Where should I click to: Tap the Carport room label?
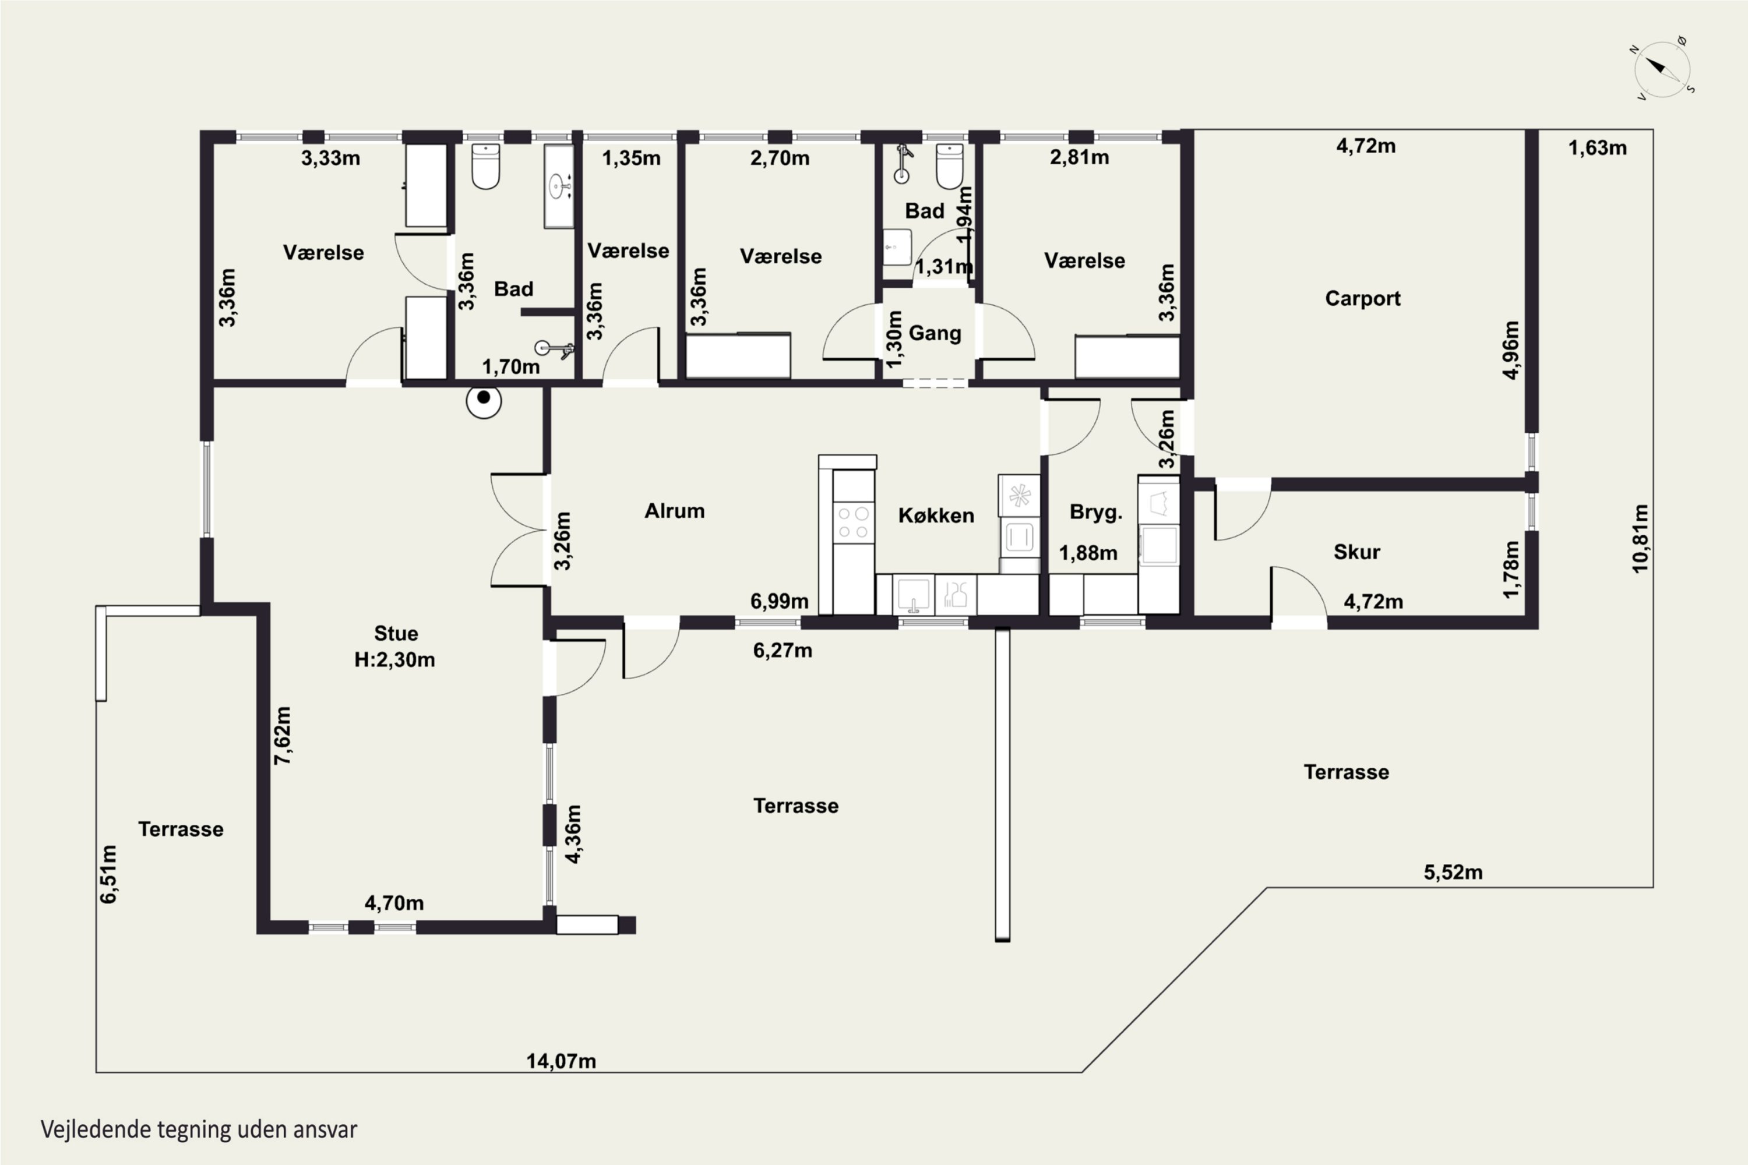point(1362,299)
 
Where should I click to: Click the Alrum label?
point(674,511)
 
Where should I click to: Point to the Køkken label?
point(936,515)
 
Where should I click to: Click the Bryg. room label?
point(1095,512)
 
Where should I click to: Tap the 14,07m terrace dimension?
point(561,1061)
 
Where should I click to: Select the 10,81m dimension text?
point(1640,539)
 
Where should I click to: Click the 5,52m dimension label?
point(1453,872)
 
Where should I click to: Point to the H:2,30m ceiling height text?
point(394,660)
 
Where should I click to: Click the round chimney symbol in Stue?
point(484,401)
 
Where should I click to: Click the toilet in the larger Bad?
point(485,167)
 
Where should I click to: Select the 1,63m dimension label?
point(1597,148)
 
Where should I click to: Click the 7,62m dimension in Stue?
point(283,736)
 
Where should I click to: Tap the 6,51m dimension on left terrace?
point(108,874)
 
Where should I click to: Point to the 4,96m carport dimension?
point(1511,350)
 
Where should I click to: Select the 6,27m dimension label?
point(783,651)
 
